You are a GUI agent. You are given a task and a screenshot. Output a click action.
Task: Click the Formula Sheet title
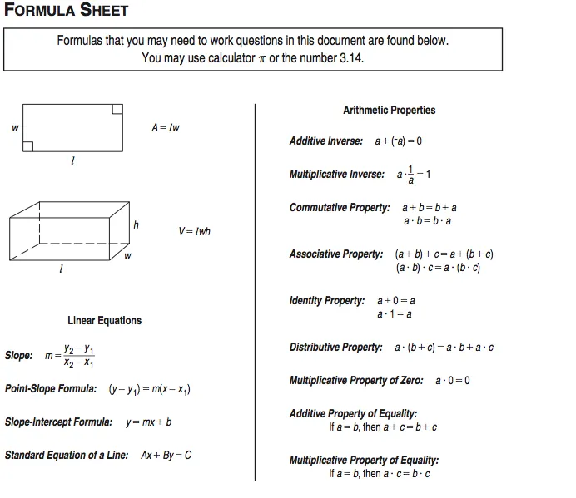point(67,11)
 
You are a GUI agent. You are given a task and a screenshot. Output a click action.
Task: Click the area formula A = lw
point(166,128)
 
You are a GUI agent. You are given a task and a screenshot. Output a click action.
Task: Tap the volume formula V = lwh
point(194,231)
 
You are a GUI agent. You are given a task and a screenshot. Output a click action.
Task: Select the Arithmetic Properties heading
point(389,110)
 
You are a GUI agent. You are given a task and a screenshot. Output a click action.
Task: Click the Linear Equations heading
point(105,320)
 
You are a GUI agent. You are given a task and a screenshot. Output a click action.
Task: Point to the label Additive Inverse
point(325,141)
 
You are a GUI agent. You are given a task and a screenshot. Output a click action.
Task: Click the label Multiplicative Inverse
point(337,175)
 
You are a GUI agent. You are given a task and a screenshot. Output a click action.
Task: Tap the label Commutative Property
point(339,208)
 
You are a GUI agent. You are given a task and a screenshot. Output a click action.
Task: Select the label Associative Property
point(336,254)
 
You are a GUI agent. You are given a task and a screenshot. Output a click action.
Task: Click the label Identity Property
point(327,301)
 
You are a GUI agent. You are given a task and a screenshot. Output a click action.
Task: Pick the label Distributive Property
point(336,348)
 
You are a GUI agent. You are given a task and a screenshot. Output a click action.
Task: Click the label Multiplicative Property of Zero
point(356,381)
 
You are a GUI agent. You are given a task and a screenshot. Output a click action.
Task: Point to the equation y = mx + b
point(149,422)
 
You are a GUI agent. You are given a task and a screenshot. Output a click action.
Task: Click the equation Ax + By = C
point(166,456)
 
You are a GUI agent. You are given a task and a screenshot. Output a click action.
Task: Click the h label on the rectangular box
point(136,224)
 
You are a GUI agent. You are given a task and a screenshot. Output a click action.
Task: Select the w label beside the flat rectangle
point(15,128)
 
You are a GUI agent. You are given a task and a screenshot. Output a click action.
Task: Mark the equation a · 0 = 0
point(453,381)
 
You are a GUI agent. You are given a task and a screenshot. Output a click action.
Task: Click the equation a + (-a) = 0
point(398,141)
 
